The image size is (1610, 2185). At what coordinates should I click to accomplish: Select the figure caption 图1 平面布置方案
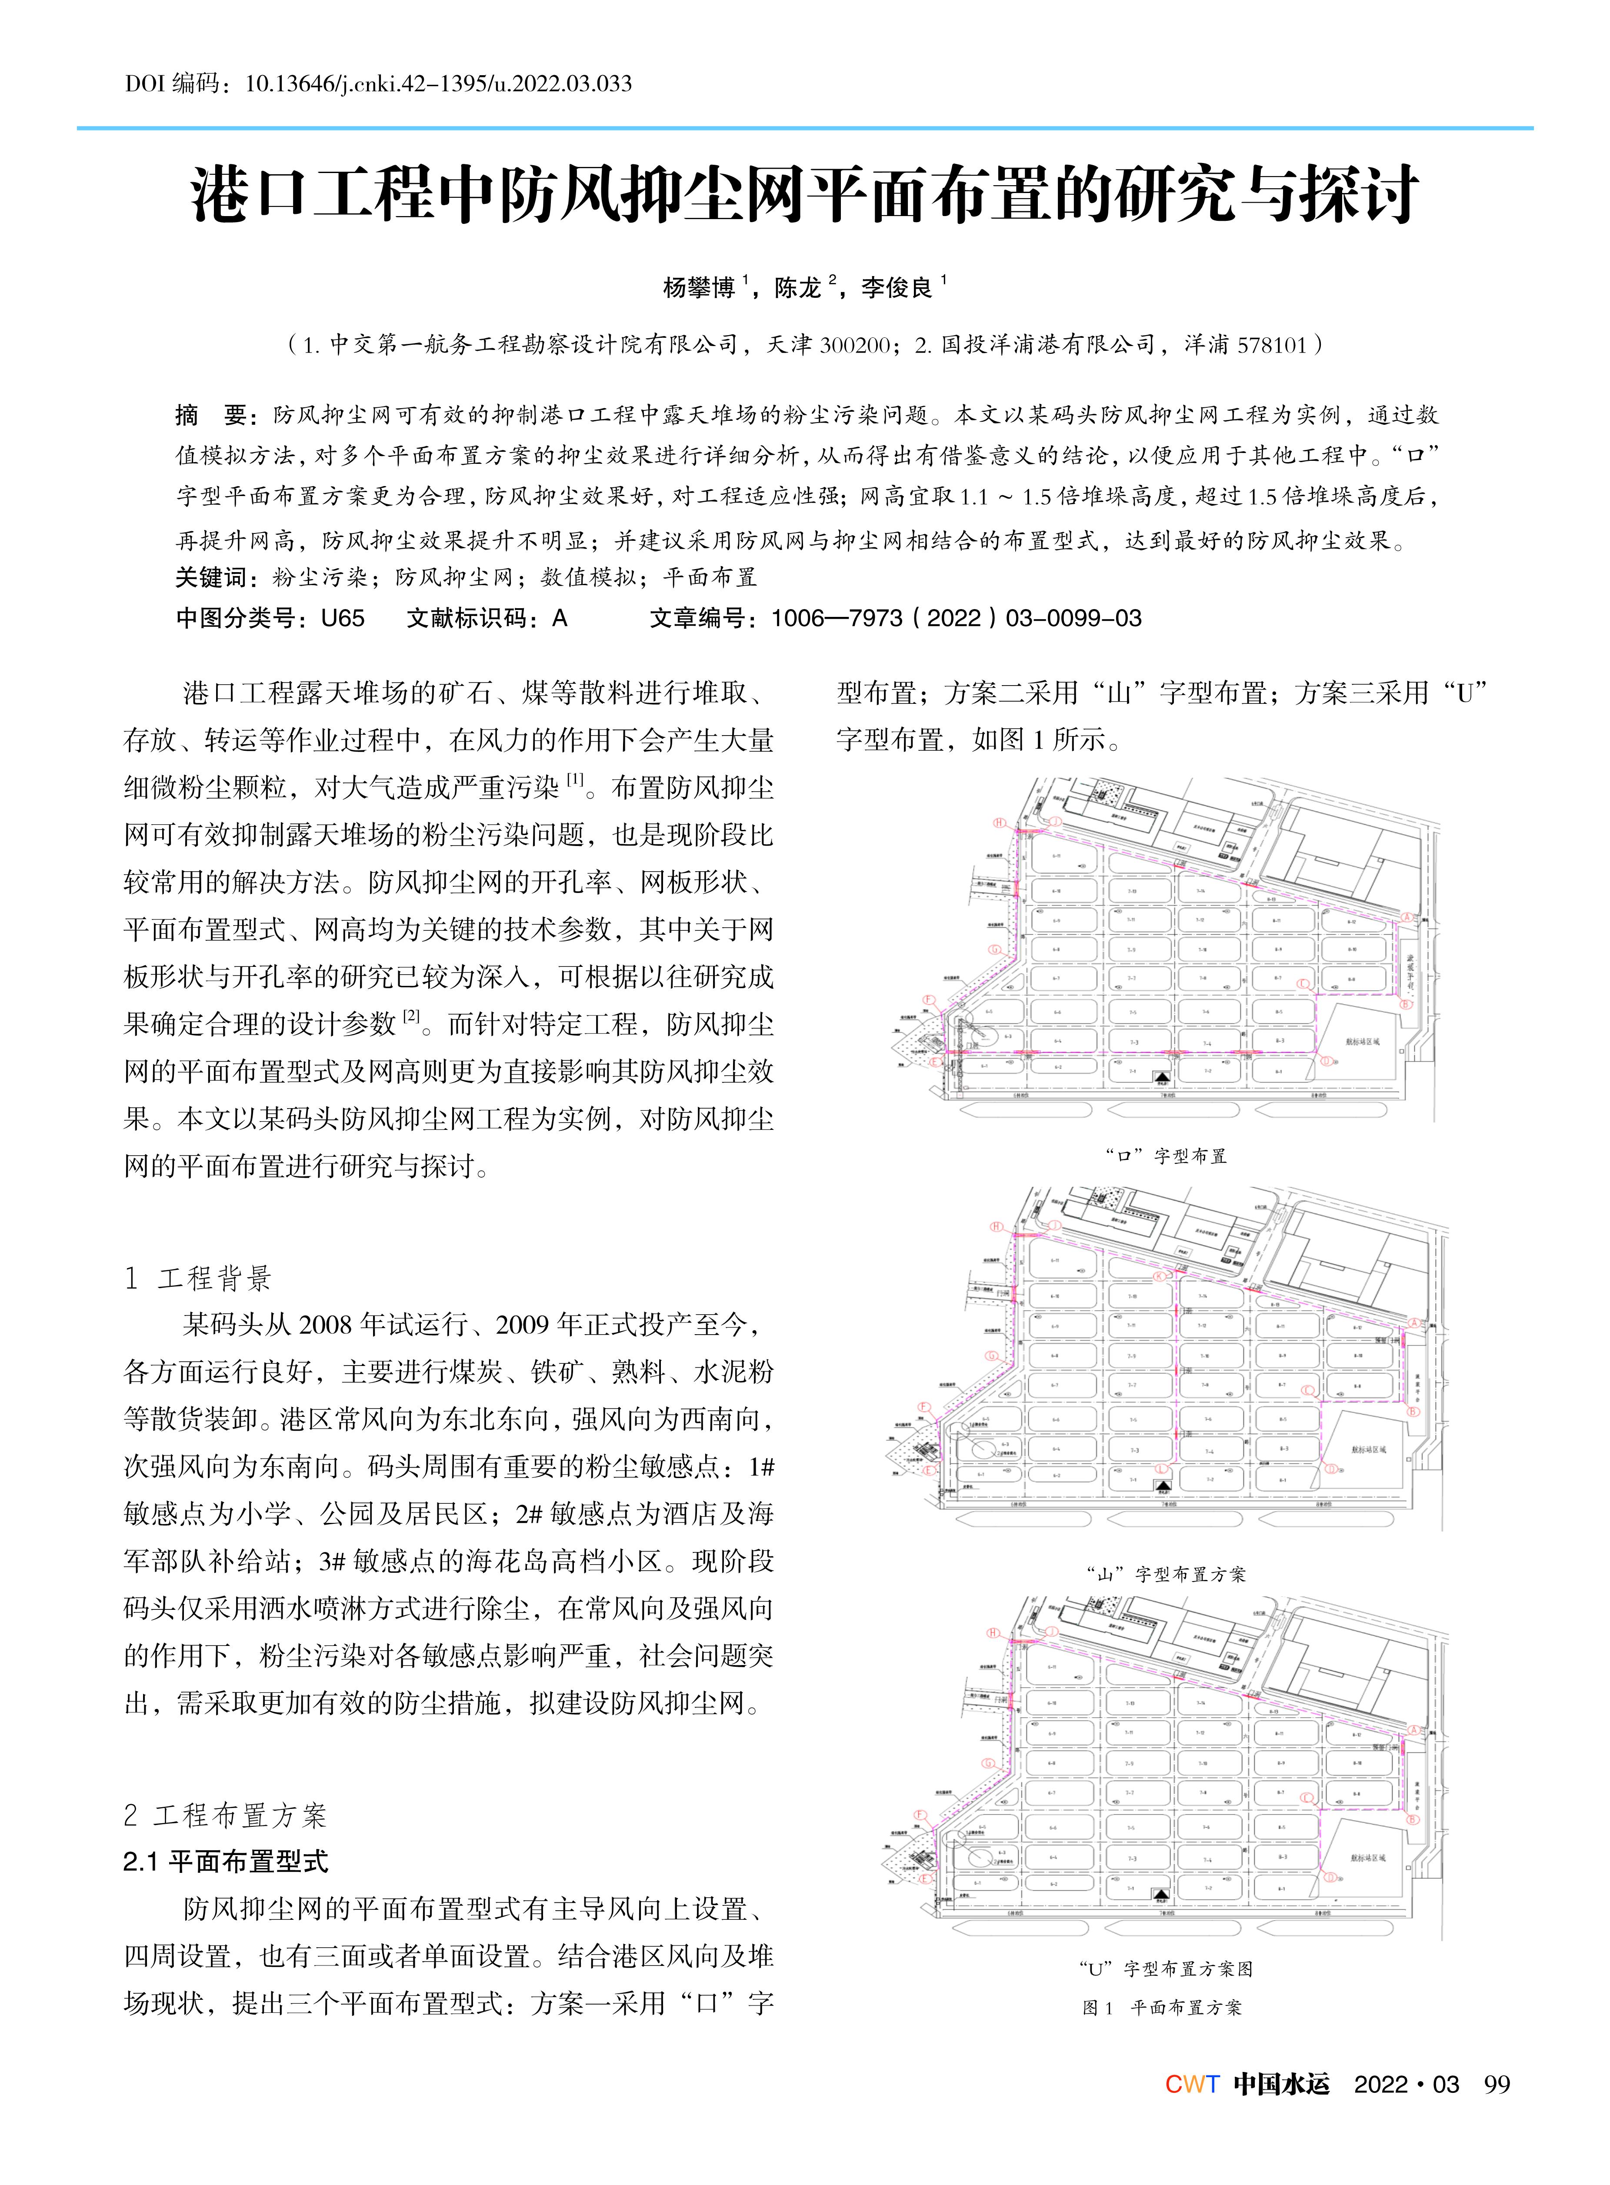1162,2008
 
